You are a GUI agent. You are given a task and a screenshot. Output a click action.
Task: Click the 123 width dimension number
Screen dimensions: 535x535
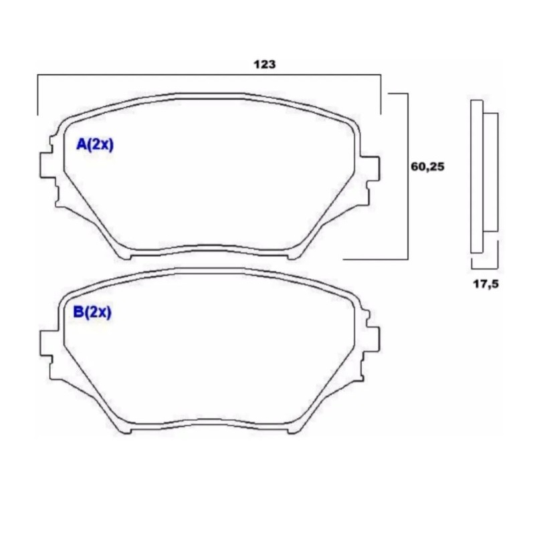[264, 64]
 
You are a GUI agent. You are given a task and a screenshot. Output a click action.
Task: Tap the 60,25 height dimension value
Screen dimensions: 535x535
[427, 167]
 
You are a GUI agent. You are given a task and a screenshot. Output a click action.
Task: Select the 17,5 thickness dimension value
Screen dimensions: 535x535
[486, 284]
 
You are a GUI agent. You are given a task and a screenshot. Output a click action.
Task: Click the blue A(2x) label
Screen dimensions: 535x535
[94, 145]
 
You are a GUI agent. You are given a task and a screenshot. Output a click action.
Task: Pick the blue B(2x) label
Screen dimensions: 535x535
[92, 312]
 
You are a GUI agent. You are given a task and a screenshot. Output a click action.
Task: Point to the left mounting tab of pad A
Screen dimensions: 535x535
[46, 165]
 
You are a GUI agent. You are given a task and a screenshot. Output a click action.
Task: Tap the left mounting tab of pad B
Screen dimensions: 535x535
[47, 343]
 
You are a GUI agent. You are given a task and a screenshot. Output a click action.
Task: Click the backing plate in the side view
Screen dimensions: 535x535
[477, 177]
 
